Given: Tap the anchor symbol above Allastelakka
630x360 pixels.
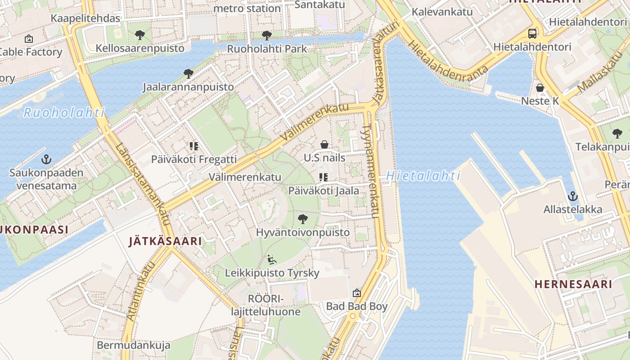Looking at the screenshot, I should (x=572, y=196).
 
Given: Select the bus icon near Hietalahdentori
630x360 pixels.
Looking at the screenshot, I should (x=532, y=33).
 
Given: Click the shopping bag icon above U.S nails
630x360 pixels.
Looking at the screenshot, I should (x=324, y=144).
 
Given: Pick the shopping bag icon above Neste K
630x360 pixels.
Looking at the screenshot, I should (x=540, y=87).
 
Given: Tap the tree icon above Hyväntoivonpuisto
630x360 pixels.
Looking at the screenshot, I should (x=303, y=219).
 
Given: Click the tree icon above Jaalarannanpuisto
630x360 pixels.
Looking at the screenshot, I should (x=188, y=73).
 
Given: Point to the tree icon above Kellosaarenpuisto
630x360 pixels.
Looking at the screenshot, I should (x=140, y=35).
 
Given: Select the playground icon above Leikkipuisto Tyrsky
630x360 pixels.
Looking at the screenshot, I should (x=272, y=259).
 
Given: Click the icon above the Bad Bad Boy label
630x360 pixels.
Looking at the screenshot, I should (x=357, y=293).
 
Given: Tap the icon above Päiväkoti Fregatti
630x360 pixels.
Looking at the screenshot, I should (x=194, y=146).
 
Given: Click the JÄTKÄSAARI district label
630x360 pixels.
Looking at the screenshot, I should (x=166, y=241).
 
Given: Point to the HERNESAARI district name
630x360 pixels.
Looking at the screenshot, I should (x=573, y=284).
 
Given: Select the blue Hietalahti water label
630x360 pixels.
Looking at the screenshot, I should (x=423, y=176).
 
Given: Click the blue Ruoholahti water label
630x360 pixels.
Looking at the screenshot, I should (x=64, y=112).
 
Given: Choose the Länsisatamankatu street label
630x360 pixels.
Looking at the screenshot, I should (x=143, y=184).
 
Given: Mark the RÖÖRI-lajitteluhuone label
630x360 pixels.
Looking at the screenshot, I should (x=266, y=305).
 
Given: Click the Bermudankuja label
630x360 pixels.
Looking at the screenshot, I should (x=134, y=346).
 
